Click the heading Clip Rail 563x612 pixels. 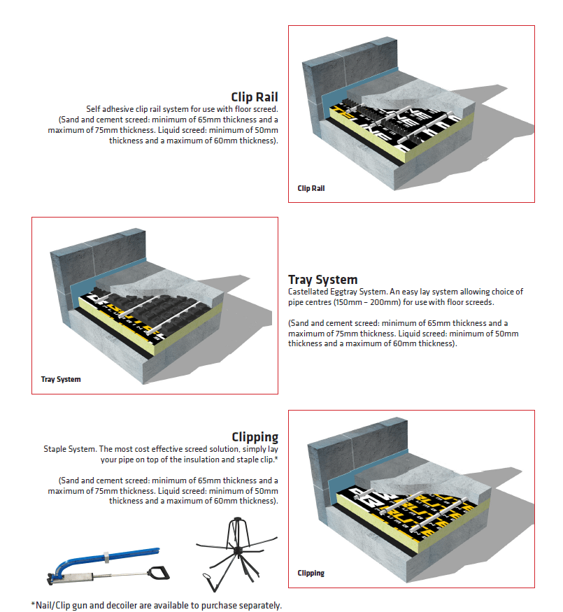(x=255, y=97)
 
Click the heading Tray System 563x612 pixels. (x=322, y=280)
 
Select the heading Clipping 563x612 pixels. (x=255, y=437)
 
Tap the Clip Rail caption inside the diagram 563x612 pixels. (x=311, y=188)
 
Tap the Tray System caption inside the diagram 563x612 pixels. (x=61, y=380)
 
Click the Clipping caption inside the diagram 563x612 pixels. (x=311, y=573)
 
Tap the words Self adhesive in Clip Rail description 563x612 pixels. (x=109, y=109)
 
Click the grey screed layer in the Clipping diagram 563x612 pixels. (x=448, y=483)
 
